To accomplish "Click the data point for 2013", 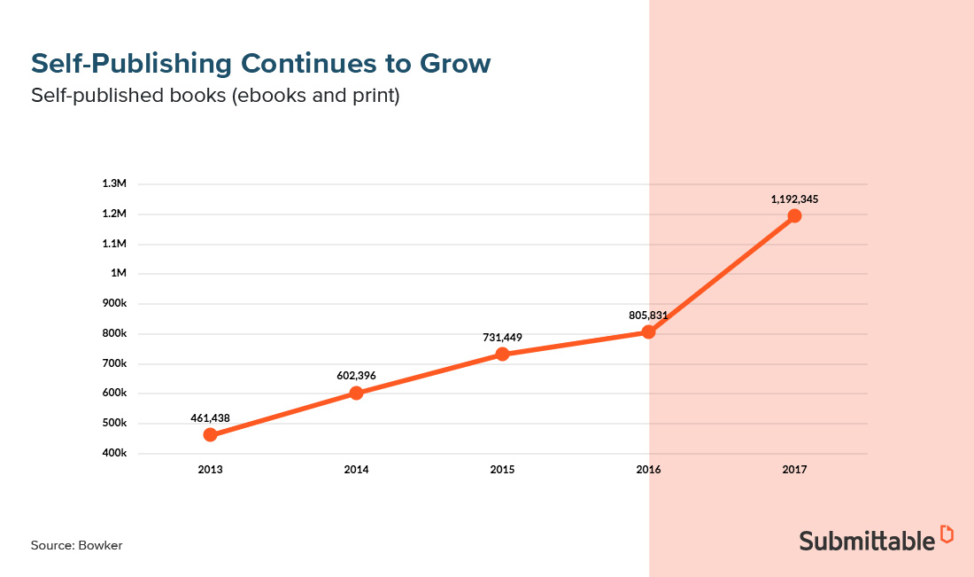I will [210, 434].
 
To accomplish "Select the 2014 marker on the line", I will [356, 393].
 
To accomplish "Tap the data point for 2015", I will [502, 354].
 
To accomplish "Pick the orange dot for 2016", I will [648, 331].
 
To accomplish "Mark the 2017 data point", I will [794, 215].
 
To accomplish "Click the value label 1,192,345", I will [794, 199].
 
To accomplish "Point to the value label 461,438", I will [210, 417].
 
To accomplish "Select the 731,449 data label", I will [502, 338].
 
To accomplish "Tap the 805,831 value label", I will [648, 315].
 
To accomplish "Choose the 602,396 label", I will [356, 376].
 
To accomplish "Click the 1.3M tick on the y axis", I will [115, 183].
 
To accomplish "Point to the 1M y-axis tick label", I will [119, 273].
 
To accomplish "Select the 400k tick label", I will [115, 453].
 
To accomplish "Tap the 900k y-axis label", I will [115, 303].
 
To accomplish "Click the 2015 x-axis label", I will [502, 470].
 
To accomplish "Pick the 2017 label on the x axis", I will [794, 470].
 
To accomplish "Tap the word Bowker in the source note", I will [102, 545].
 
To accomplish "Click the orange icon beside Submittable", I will [947, 534].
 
